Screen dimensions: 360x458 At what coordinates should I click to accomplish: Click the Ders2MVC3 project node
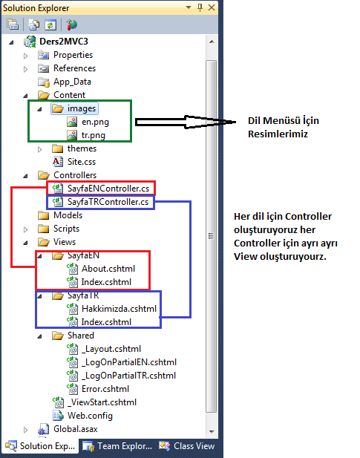pyautogui.click(x=64, y=42)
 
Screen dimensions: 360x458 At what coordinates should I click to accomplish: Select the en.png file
pyautogui.click(x=95, y=122)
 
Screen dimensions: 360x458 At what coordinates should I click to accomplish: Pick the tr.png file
pyautogui.click(x=93, y=135)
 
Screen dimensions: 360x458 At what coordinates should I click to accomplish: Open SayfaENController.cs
pyautogui.click(x=108, y=189)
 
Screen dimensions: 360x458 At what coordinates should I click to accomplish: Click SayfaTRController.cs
pyautogui.click(x=108, y=202)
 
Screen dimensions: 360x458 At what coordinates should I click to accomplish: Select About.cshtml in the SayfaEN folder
pyautogui.click(x=108, y=269)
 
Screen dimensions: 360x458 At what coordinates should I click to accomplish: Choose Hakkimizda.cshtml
pyautogui.click(x=119, y=309)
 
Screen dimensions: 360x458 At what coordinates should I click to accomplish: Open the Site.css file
pyautogui.click(x=82, y=162)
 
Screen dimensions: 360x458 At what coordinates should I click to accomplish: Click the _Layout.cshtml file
pyautogui.click(x=111, y=349)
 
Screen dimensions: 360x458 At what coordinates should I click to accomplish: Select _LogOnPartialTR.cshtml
pyautogui.click(x=128, y=376)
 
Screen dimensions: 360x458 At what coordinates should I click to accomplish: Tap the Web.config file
pyautogui.click(x=90, y=416)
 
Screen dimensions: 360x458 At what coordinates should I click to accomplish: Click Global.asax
pyautogui.click(x=75, y=429)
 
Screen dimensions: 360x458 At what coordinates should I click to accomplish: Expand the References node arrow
pyautogui.click(x=26, y=69)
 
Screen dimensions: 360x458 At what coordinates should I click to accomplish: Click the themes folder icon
pyautogui.click(x=58, y=148)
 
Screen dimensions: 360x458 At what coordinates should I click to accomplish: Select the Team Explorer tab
pyautogui.click(x=117, y=446)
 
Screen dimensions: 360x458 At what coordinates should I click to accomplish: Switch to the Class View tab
pyautogui.click(x=187, y=446)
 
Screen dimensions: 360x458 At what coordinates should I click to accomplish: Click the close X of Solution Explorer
pyautogui.click(x=212, y=7)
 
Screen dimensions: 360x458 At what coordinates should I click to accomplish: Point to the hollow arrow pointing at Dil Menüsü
pyautogui.click(x=186, y=122)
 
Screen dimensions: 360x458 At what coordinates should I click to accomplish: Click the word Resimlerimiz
pyautogui.click(x=278, y=134)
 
